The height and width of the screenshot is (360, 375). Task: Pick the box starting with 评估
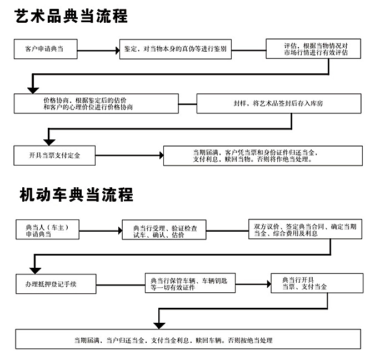pos(315,49)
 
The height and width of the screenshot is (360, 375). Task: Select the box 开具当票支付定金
pos(55,156)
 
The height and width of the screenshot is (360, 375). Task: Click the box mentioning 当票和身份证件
pos(263,156)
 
